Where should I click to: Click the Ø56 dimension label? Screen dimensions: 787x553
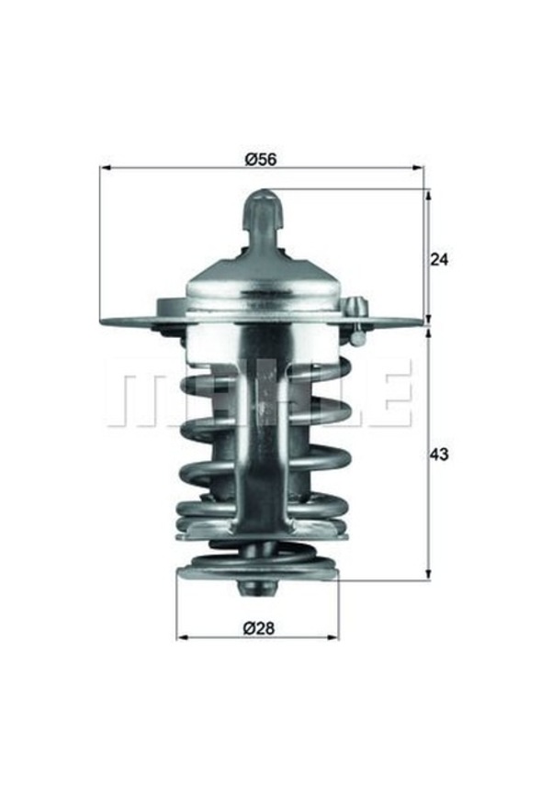pos(261,159)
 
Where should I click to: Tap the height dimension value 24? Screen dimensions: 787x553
pos(439,260)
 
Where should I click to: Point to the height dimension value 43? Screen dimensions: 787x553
pos(439,455)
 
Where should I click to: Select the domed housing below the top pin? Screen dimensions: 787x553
pos(263,285)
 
